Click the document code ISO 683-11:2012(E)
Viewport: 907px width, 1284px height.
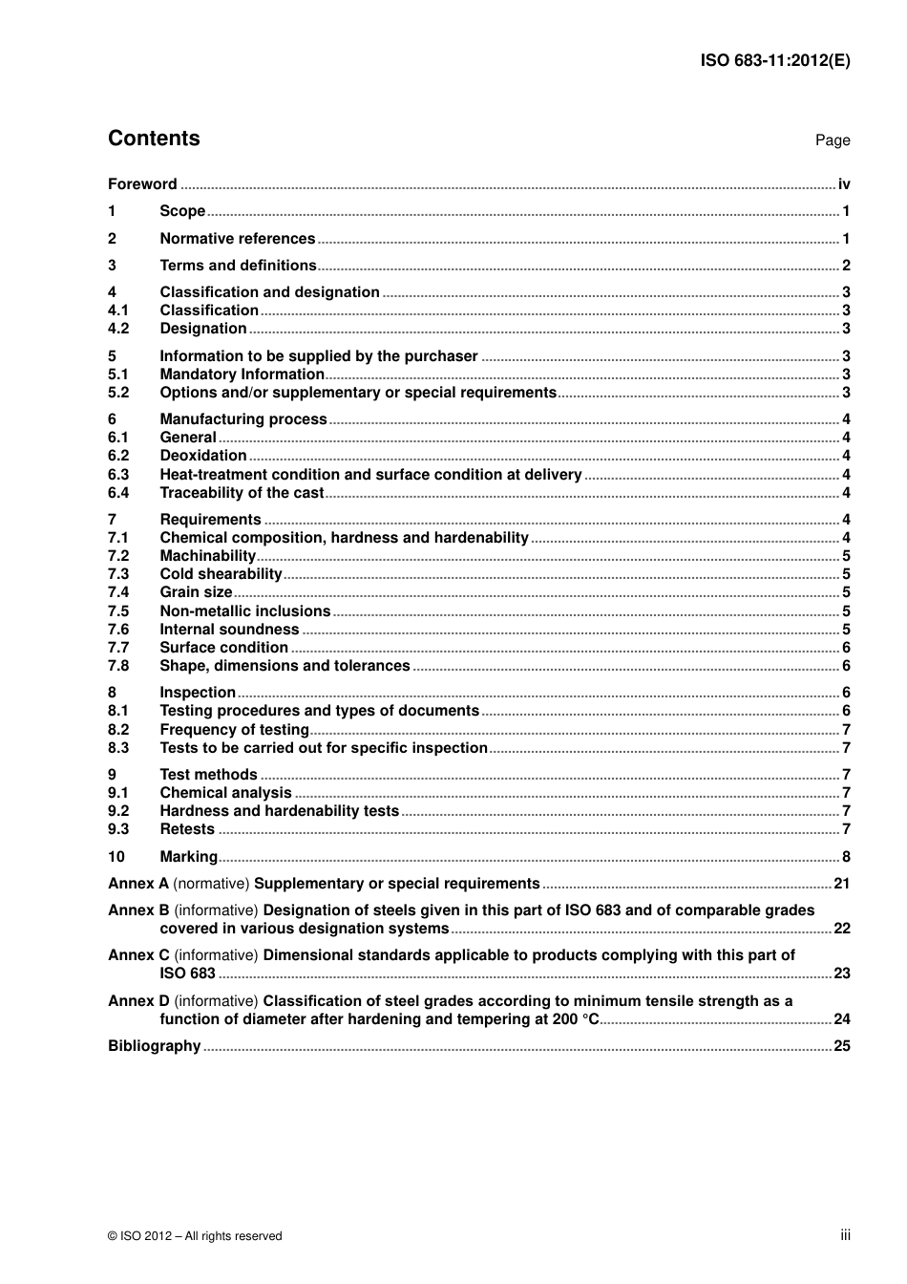point(774,60)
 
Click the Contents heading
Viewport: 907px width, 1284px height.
point(154,139)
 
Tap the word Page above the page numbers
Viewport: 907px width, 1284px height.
point(832,140)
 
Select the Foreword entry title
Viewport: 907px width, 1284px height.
point(142,184)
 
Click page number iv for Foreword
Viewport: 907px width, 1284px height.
point(844,184)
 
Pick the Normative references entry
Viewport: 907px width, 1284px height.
point(237,239)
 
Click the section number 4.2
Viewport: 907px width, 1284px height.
point(118,329)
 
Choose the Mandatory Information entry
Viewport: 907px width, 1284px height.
point(242,374)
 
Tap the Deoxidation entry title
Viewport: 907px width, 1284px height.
point(203,456)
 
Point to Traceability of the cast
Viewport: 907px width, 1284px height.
point(242,493)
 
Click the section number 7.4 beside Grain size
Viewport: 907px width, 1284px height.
point(118,592)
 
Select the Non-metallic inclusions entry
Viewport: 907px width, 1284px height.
point(244,611)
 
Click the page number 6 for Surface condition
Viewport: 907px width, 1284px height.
point(846,648)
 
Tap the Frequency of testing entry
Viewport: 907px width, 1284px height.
point(234,730)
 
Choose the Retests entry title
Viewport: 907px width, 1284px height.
point(187,829)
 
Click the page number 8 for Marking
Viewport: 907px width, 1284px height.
point(846,857)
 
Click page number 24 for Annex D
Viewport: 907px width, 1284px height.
point(841,1019)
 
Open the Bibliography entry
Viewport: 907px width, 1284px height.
point(154,1046)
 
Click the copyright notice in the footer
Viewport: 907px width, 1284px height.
point(195,1236)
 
